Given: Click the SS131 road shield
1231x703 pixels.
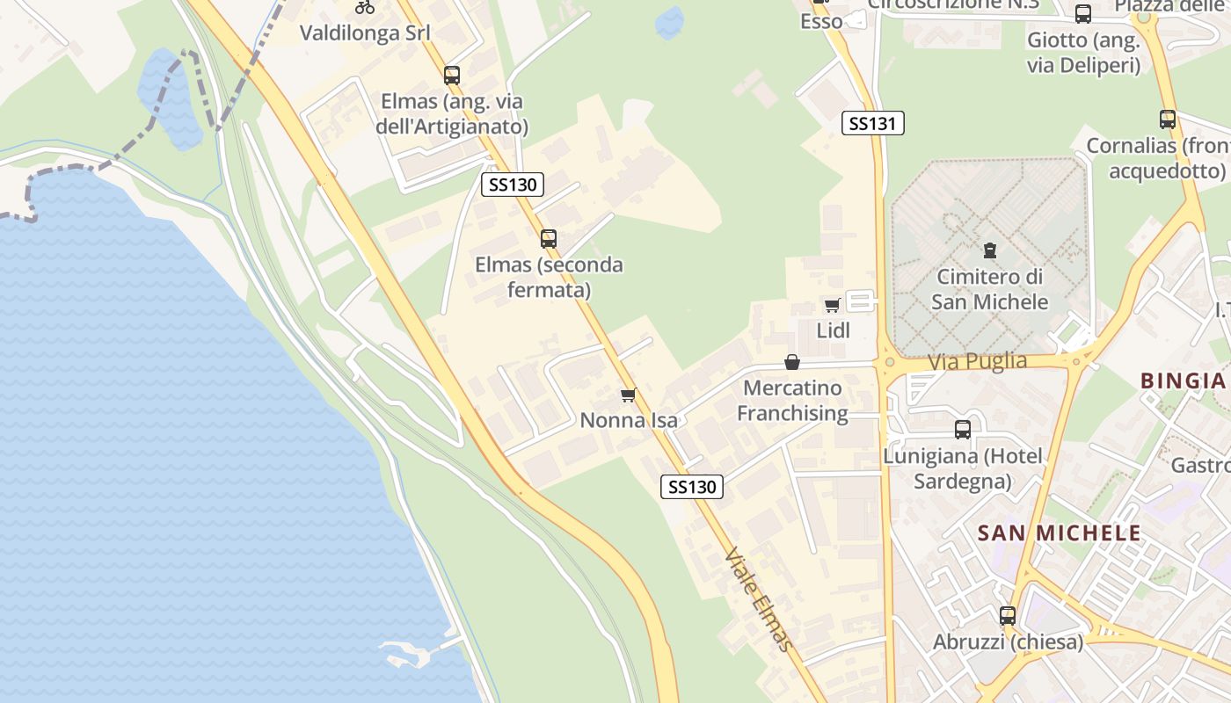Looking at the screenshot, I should [872, 123].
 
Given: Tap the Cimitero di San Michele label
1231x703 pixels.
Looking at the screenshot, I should [990, 289].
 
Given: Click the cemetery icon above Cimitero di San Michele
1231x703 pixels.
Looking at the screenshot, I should [990, 250].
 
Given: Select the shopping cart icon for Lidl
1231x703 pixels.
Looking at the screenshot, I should [832, 305].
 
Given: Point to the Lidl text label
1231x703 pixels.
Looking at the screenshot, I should [833, 330].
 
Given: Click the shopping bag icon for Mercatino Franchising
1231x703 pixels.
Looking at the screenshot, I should [792, 362].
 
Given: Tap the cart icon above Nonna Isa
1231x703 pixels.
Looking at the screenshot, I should [628, 395].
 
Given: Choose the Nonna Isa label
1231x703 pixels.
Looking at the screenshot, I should [629, 420].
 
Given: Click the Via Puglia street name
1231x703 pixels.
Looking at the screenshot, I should [976, 361].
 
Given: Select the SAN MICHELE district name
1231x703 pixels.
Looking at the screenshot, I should [1059, 533].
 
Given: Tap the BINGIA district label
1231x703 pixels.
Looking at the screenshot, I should [1183, 380].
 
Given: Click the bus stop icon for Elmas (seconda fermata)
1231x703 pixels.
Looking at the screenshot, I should [549, 238].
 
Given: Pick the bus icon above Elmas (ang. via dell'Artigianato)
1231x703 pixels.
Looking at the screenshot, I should [452, 76].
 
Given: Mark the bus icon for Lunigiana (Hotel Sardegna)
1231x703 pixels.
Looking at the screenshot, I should [963, 430].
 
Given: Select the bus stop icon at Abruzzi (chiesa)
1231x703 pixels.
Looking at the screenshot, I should [1008, 616].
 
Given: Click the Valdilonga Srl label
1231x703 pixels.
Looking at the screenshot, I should [365, 33].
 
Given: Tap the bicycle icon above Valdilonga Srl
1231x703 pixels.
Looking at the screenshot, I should [365, 7].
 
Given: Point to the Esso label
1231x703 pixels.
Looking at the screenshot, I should [821, 21].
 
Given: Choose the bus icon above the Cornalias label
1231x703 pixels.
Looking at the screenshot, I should [1168, 120].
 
